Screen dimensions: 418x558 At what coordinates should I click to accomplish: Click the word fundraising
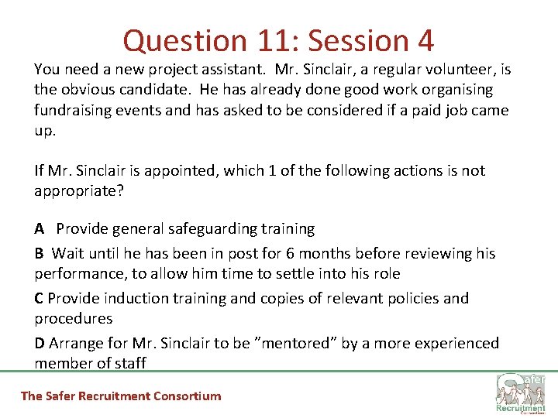coord(74,110)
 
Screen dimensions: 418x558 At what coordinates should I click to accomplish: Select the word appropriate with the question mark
coord(78,190)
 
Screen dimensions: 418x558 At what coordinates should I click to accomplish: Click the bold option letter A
coord(39,229)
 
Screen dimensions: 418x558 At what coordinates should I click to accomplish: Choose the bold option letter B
coord(39,254)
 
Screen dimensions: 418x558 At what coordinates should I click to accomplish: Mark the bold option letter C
coord(39,299)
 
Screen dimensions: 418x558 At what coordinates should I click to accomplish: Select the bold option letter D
coord(40,344)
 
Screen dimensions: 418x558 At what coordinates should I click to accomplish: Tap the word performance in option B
coord(74,274)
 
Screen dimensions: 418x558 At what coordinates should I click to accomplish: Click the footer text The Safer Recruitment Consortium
coord(120,396)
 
